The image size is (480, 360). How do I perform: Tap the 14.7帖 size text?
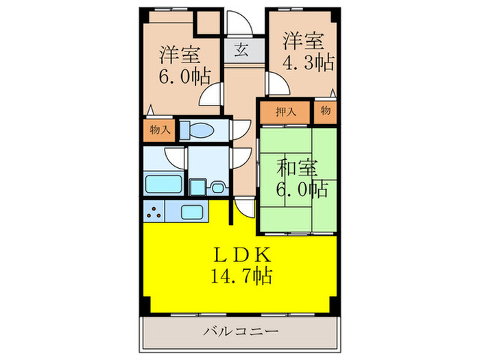click(x=241, y=276)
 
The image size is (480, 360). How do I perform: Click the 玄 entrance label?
click(x=243, y=50)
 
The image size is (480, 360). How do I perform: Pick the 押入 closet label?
click(x=285, y=112)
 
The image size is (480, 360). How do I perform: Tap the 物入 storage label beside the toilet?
click(x=160, y=130)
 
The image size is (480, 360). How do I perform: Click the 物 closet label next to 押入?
click(x=325, y=110)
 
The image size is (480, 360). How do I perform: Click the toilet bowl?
click(x=201, y=130)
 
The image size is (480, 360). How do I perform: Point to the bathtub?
click(x=163, y=184)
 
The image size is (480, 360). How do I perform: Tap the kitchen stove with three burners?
click(x=155, y=213)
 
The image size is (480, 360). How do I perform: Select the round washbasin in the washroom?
click(x=218, y=186)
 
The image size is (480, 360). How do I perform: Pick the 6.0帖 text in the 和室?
click(x=302, y=188)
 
